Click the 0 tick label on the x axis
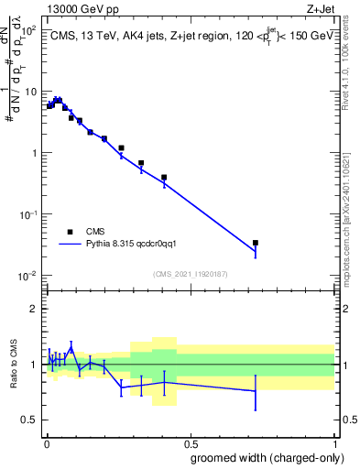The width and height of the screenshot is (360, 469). [46, 442]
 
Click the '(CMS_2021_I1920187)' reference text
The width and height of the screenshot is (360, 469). [190, 274]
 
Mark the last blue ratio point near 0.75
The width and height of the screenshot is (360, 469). [256, 391]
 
